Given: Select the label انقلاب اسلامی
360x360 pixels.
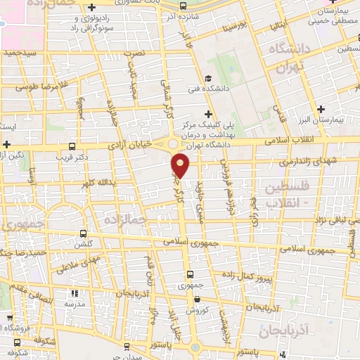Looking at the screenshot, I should (x=291, y=141).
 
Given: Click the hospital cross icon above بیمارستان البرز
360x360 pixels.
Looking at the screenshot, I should (x=321, y=109).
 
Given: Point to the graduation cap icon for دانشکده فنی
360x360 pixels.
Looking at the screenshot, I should (x=207, y=78).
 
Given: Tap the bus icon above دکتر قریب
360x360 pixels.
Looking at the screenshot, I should (x=73, y=147).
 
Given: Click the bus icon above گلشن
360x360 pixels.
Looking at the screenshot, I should (x=84, y=233).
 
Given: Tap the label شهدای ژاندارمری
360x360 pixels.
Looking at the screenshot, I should (x=294, y=162).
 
